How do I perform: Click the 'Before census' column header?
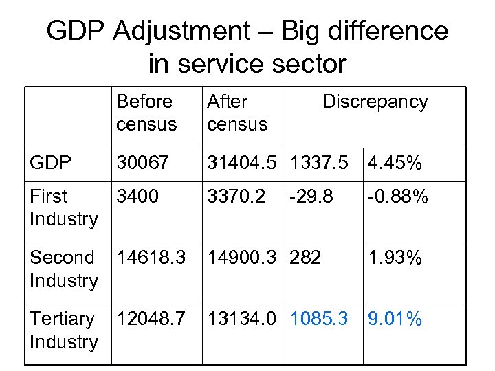146,113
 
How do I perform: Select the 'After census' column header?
236,113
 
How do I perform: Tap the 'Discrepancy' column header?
375,102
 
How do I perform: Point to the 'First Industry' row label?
63,207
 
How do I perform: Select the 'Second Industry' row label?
63,269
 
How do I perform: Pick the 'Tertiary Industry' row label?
63,330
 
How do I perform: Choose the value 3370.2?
236,197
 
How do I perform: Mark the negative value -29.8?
311,197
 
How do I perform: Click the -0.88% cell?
398,197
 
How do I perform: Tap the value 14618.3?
151,258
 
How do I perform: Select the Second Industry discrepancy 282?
307,258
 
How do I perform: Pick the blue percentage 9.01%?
395,319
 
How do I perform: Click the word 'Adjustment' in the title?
181,31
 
